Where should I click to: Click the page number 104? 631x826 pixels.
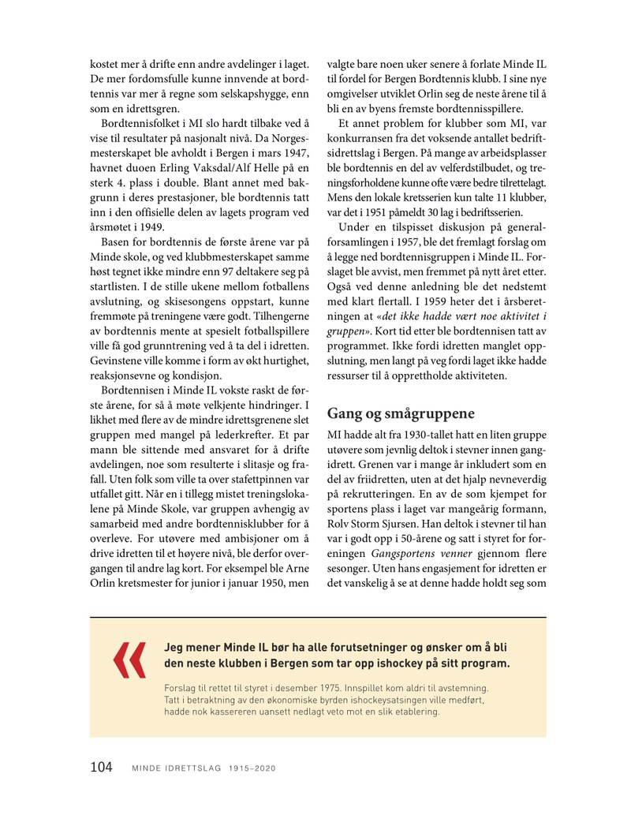101,767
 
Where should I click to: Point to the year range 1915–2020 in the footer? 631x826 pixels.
253,768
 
